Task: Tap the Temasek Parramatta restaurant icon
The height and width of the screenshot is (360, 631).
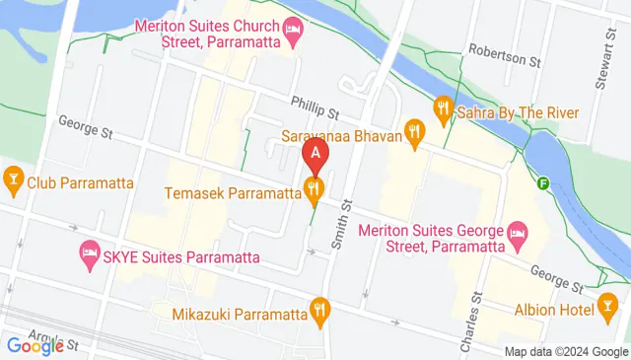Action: point(315,187)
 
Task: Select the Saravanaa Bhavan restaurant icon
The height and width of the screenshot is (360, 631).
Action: point(415,130)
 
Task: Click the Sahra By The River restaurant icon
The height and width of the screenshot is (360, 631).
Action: point(444,106)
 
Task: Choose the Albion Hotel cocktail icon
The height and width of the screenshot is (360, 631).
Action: point(608,307)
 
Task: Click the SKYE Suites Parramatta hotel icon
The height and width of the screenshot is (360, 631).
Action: point(89,252)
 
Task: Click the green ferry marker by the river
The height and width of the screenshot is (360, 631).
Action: point(543,181)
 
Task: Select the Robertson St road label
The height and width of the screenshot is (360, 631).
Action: point(506,58)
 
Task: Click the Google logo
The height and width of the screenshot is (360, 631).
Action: point(35,345)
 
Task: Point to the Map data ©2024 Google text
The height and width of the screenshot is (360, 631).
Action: point(565,352)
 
